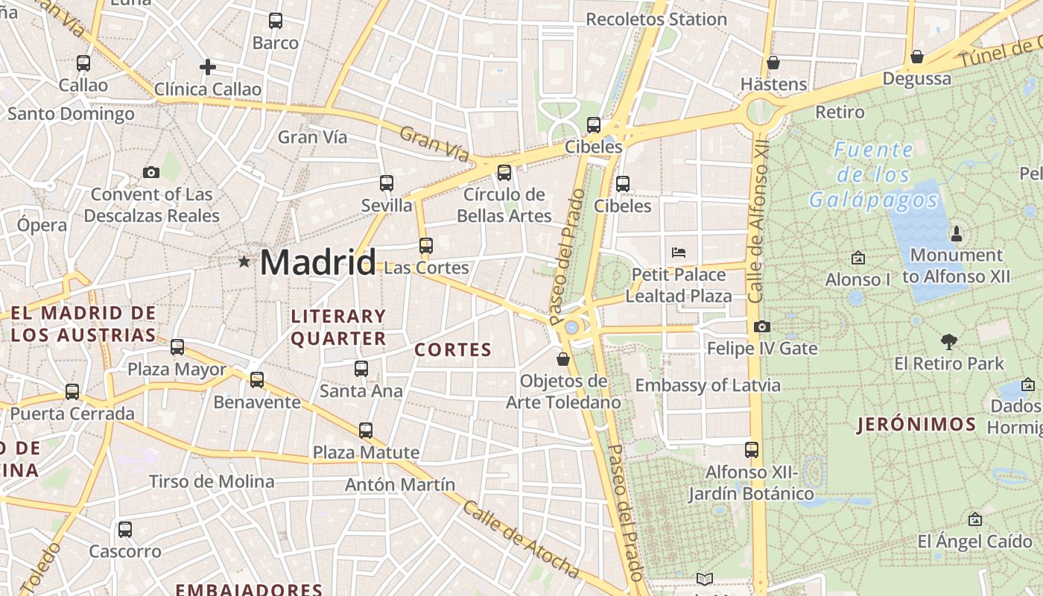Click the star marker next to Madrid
(x=244, y=261)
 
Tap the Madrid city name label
(x=318, y=262)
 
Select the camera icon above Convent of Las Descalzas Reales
(x=151, y=173)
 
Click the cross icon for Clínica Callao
(x=208, y=67)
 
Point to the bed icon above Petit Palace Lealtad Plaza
(x=678, y=252)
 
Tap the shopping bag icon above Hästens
(x=773, y=63)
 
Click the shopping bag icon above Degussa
(x=917, y=57)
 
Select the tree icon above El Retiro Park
(x=948, y=342)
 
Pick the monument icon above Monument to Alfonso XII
(x=957, y=234)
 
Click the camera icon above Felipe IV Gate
(x=761, y=326)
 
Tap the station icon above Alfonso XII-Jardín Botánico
(x=752, y=450)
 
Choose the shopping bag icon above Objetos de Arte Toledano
(x=563, y=359)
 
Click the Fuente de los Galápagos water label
(x=873, y=175)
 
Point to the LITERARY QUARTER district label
(x=338, y=327)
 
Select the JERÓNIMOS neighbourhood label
(x=916, y=425)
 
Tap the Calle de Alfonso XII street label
(x=758, y=220)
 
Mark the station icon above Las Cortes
(x=425, y=245)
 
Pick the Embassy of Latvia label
(x=708, y=385)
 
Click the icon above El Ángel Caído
(x=974, y=519)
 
